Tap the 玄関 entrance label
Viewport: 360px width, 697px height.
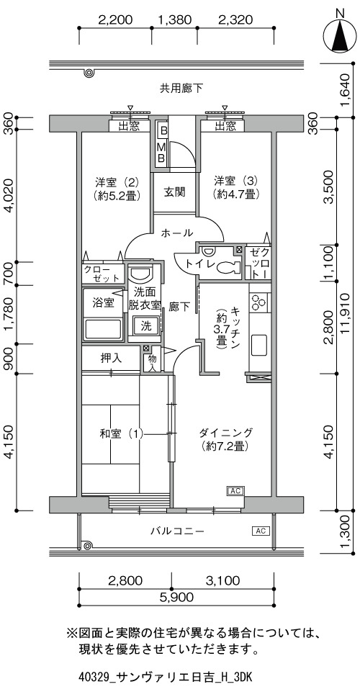175,193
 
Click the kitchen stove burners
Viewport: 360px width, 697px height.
258,302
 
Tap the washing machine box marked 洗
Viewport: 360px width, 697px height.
145,325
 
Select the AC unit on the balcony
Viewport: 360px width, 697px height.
261,530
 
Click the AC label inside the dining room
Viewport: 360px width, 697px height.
235,491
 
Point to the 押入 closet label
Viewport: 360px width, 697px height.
112,359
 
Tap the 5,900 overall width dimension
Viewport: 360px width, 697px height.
176,598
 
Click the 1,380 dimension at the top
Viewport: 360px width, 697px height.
175,19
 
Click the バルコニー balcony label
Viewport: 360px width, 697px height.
177,531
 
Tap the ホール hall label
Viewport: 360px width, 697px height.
177,233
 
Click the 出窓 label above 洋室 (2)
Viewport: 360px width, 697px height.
128,126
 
